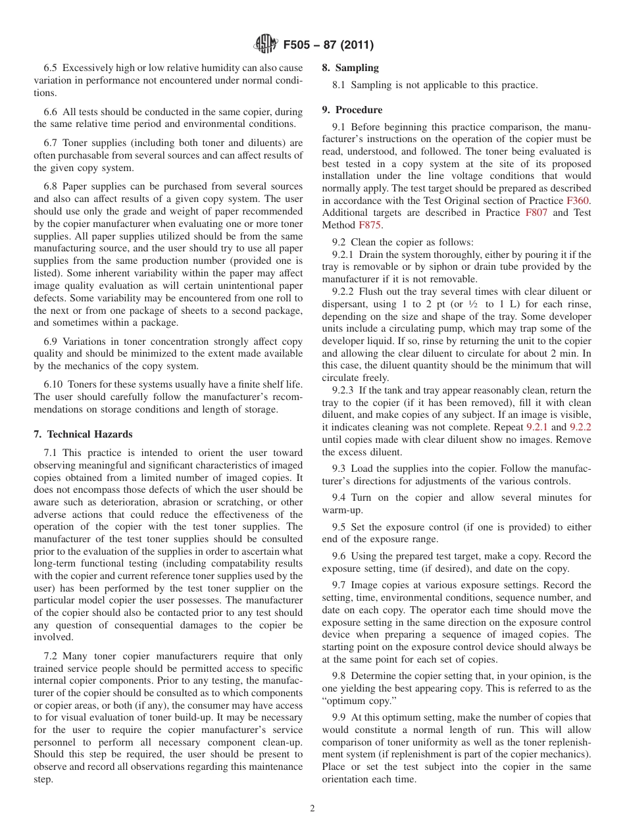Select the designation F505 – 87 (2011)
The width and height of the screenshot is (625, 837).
tap(328, 45)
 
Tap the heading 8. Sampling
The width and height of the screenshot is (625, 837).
tap(350, 68)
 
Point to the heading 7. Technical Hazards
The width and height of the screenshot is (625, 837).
tap(83, 434)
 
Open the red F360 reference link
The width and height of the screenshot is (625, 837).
tap(578, 201)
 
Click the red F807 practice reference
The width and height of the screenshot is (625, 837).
tap(536, 213)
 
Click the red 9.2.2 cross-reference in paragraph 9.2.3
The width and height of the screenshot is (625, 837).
tap(580, 427)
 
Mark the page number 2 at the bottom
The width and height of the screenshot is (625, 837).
tap(312, 809)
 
